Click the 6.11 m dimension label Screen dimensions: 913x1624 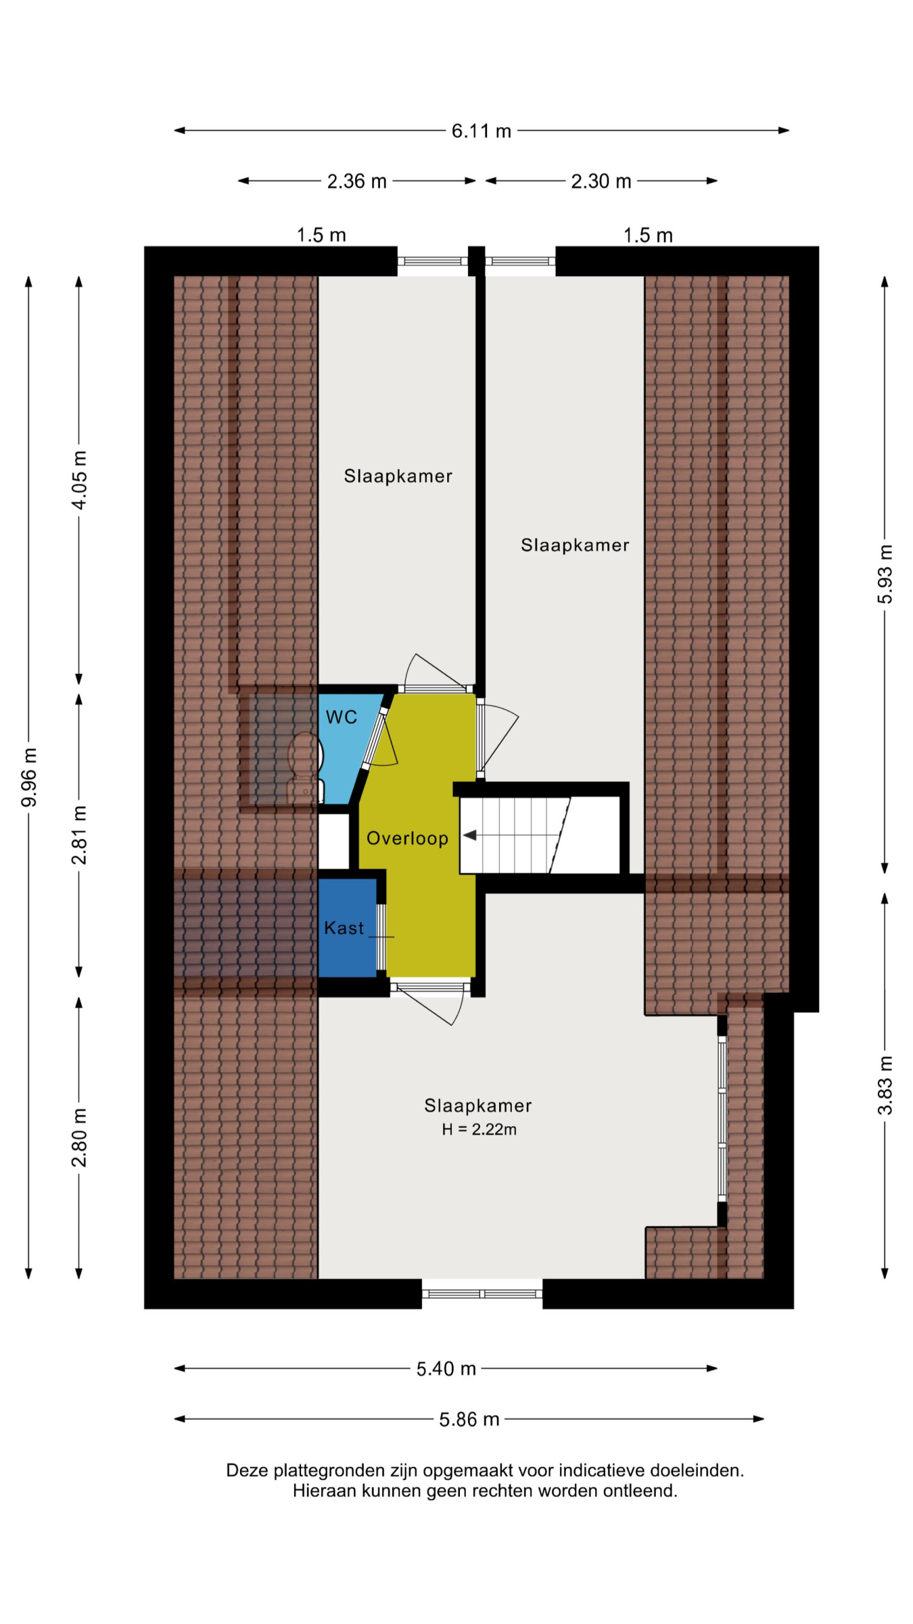(x=481, y=131)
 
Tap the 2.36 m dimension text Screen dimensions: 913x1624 (x=356, y=181)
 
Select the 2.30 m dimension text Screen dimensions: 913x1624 (x=601, y=181)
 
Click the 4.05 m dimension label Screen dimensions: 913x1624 (x=79, y=480)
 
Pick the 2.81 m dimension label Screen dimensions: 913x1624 (x=79, y=835)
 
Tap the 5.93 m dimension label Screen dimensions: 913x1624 (x=885, y=574)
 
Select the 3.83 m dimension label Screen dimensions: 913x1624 (x=885, y=1085)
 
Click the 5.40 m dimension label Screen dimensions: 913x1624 (x=446, y=1369)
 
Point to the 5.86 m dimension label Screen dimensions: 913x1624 (x=469, y=1419)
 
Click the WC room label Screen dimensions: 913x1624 (x=341, y=717)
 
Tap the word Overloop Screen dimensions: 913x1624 (x=407, y=838)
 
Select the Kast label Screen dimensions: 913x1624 (x=344, y=928)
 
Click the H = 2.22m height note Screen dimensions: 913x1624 (x=479, y=1129)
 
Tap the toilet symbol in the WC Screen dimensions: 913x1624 (x=305, y=767)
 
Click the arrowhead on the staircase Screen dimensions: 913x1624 (x=469, y=835)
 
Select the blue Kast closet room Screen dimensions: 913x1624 (x=347, y=928)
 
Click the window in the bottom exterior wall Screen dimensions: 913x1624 (x=482, y=1294)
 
